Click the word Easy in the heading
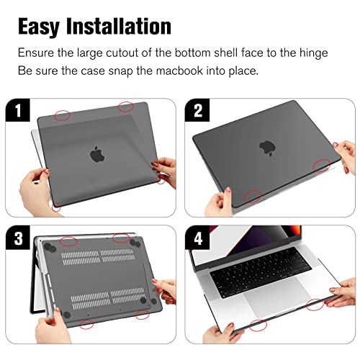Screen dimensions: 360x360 click(x=39, y=27)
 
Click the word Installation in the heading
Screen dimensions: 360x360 click(x=119, y=26)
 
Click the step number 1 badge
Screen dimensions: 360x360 click(x=18, y=110)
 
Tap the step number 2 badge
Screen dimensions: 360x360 click(x=197, y=110)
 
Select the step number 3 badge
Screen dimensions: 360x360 click(x=18, y=238)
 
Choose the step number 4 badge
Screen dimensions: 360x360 click(x=197, y=238)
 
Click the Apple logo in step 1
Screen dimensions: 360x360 click(x=97, y=154)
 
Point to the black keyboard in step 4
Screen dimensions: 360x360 click(x=261, y=272)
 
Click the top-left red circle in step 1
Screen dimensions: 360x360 click(x=62, y=115)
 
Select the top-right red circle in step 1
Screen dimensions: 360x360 click(x=125, y=107)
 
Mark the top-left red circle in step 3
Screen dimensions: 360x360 click(x=68, y=241)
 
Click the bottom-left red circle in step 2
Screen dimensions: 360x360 click(x=253, y=196)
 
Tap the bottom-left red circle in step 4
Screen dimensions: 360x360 click(x=258, y=325)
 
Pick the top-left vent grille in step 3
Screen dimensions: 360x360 click(x=81, y=258)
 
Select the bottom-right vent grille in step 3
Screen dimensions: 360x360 click(x=128, y=295)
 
